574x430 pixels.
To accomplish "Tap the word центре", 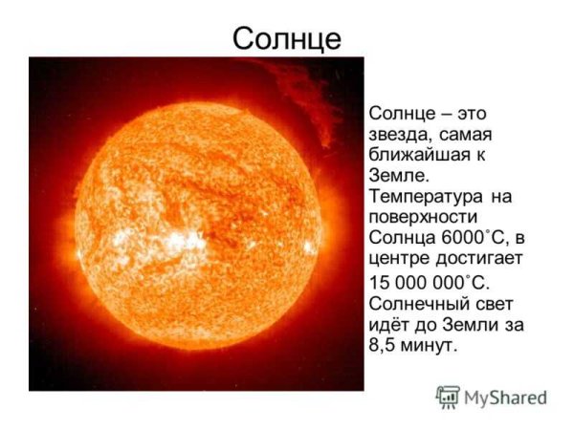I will pos(397,260).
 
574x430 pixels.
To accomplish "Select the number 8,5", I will pos(384,346).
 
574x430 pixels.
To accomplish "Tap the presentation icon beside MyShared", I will pos(448,397).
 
